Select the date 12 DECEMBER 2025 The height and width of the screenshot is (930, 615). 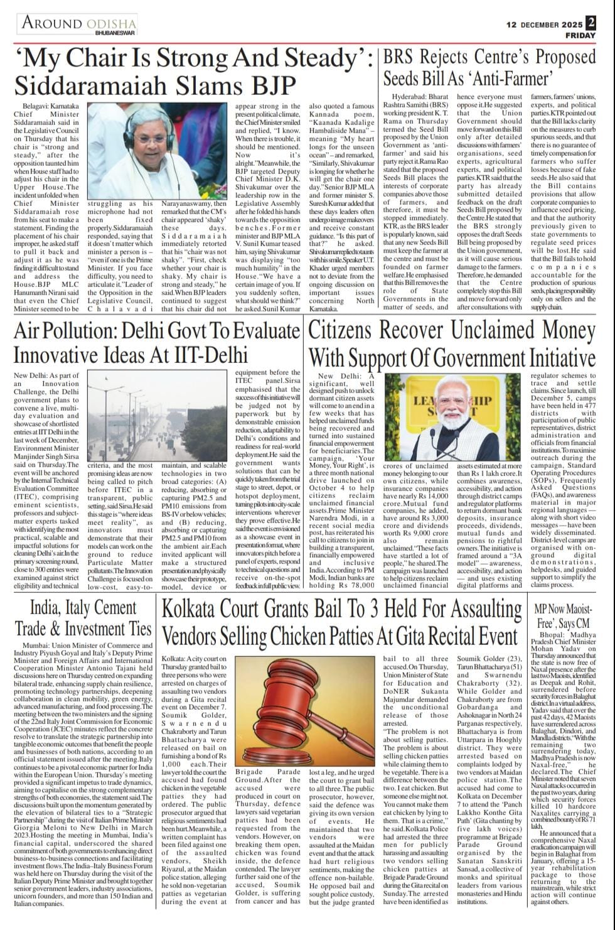click(544, 24)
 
